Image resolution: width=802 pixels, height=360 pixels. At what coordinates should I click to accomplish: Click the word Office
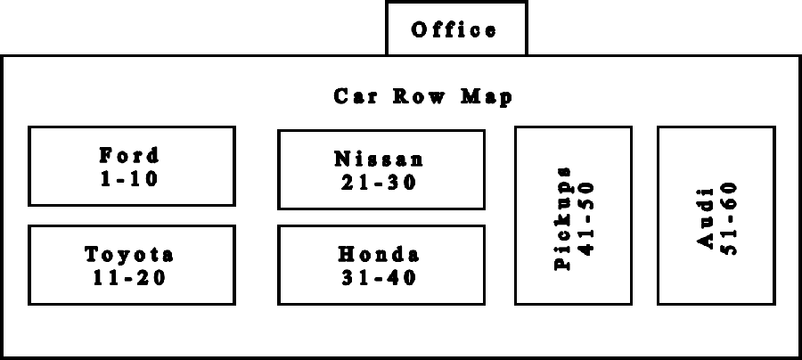pyautogui.click(x=454, y=29)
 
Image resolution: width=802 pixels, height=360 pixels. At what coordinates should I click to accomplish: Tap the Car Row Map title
pyautogui.click(x=422, y=96)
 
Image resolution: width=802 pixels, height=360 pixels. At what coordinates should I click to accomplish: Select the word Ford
pyautogui.click(x=129, y=155)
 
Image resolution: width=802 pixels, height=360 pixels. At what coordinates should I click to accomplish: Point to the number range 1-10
pyautogui.click(x=129, y=179)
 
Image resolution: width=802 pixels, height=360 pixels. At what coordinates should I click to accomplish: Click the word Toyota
pyautogui.click(x=129, y=254)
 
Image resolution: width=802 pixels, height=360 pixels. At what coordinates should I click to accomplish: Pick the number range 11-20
pyautogui.click(x=130, y=278)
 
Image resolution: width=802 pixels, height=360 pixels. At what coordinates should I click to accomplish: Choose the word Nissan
pyautogui.click(x=379, y=159)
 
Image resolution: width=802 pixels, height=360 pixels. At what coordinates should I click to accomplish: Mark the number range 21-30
pyautogui.click(x=379, y=183)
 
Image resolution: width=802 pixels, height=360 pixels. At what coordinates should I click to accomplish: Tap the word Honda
pyautogui.click(x=379, y=254)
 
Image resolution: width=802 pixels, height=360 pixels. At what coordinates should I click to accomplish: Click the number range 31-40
pyautogui.click(x=379, y=278)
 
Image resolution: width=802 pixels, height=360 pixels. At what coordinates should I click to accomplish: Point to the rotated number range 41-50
pyautogui.click(x=586, y=218)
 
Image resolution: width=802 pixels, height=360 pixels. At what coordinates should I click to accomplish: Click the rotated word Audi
pyautogui.click(x=706, y=218)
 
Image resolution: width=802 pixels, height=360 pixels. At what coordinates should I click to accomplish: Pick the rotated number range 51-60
pyautogui.click(x=729, y=218)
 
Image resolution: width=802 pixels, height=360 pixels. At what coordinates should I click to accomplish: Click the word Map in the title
pyautogui.click(x=487, y=97)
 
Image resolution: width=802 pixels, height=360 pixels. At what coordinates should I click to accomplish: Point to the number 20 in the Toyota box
pyautogui.click(x=151, y=278)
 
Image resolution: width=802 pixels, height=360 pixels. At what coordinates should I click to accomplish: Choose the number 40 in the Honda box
pyautogui.click(x=402, y=278)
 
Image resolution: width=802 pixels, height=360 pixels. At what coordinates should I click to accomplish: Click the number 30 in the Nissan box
pyautogui.click(x=402, y=183)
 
